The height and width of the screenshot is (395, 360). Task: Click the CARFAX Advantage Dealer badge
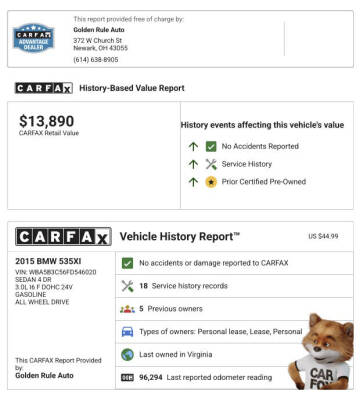tap(33, 38)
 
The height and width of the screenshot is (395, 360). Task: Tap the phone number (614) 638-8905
tap(95, 59)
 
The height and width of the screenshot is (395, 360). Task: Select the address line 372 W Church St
tap(98, 39)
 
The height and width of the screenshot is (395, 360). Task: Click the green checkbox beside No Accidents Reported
tap(210, 146)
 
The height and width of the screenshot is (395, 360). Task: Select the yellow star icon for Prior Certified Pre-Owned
tap(210, 182)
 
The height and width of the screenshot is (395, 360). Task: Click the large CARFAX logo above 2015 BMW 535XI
tap(62, 237)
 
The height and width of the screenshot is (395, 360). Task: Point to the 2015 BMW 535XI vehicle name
tap(52, 261)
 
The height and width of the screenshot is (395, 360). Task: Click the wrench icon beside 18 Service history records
tap(127, 286)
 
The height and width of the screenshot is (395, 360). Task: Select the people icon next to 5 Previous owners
tap(127, 309)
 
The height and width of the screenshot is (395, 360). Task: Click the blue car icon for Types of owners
tap(127, 332)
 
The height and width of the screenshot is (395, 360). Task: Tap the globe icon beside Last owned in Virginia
tap(127, 355)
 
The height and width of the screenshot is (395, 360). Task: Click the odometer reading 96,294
tap(154, 378)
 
